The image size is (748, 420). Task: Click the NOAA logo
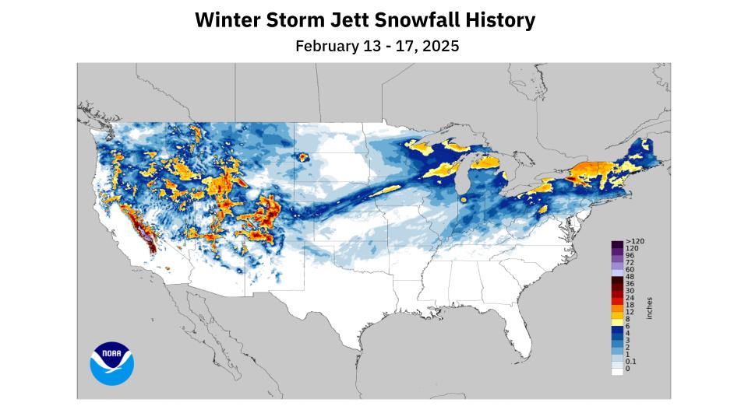111,363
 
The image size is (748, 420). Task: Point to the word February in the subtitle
328,46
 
